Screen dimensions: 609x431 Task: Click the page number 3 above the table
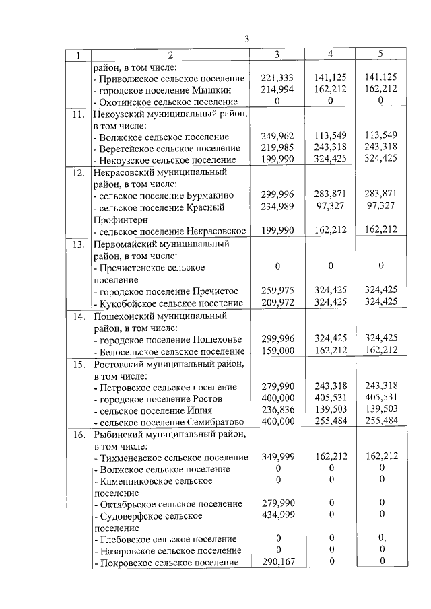(x=246, y=39)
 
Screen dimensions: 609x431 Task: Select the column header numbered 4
(x=330, y=54)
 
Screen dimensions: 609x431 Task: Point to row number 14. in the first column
(x=79, y=316)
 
